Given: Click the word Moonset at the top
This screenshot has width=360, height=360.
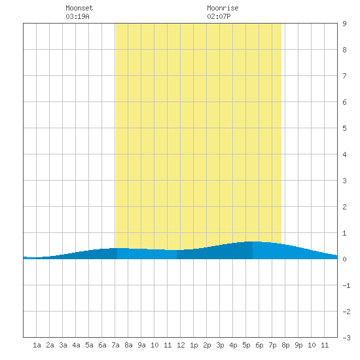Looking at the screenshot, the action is (79, 8).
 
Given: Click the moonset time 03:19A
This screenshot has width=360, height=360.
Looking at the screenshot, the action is (77, 16).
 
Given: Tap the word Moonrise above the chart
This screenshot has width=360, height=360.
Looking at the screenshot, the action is (223, 8).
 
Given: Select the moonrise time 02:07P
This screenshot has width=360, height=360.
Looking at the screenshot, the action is (219, 16).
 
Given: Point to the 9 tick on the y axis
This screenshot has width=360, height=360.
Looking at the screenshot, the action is (344, 24).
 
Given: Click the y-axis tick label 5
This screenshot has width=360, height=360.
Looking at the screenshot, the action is (344, 128).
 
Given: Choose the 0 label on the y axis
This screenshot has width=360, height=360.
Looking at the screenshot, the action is (344, 259).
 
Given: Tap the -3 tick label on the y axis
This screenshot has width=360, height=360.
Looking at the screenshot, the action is (346, 338).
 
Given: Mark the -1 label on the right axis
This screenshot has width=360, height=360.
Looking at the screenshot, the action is (346, 285).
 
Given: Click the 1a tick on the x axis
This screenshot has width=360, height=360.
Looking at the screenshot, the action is (37, 345).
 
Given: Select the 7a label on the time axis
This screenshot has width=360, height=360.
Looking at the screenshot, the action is (115, 345).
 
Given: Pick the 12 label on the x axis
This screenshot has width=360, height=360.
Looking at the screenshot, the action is (181, 345).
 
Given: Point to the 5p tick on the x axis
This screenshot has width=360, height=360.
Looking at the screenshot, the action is (246, 345).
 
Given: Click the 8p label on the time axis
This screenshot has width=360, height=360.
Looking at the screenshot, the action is (285, 345).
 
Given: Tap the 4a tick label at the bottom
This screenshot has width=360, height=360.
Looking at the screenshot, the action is (76, 345).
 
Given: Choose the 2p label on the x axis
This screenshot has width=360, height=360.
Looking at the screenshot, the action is (207, 345).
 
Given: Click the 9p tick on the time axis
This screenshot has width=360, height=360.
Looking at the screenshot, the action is (298, 345).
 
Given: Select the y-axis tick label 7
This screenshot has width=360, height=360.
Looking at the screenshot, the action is (344, 76).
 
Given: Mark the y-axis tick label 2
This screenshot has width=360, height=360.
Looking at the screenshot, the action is (344, 207).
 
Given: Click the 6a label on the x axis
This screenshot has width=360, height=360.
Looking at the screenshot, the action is (102, 345).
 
